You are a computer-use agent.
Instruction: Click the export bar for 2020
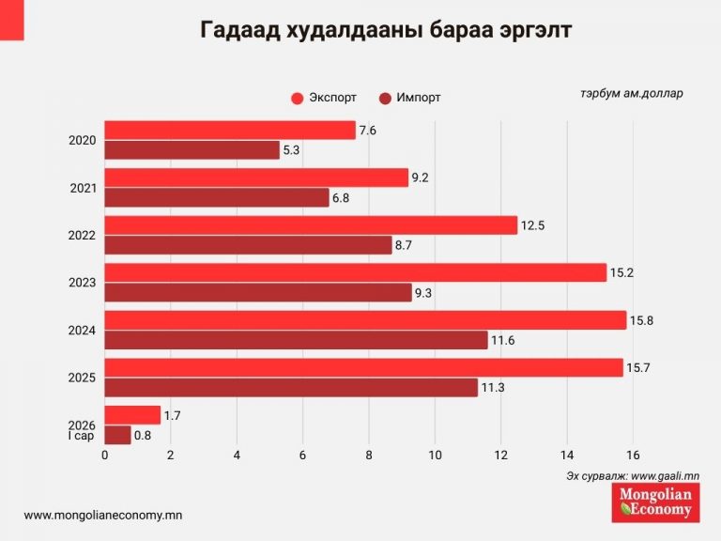230,131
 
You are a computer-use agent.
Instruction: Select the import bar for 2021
217,197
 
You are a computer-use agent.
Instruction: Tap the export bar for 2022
311,225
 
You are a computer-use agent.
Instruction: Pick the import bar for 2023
258,293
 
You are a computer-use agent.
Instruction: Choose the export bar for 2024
365,320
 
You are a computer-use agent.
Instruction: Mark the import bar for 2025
291,387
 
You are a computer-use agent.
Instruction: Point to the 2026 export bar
132,415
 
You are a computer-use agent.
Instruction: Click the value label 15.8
642,321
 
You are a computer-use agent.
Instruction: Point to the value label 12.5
533,225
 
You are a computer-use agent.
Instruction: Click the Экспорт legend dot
298,98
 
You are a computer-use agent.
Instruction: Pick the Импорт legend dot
385,98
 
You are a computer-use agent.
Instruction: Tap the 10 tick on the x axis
435,456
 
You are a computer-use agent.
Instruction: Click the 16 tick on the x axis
634,456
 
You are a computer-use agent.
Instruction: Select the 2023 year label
83,282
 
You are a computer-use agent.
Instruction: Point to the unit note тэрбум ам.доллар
632,93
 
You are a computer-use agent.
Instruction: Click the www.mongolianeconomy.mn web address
102,515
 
